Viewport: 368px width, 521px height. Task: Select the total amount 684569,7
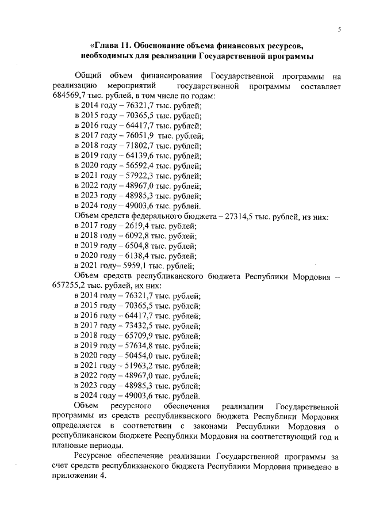70,96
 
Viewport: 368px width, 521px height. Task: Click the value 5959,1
132,266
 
